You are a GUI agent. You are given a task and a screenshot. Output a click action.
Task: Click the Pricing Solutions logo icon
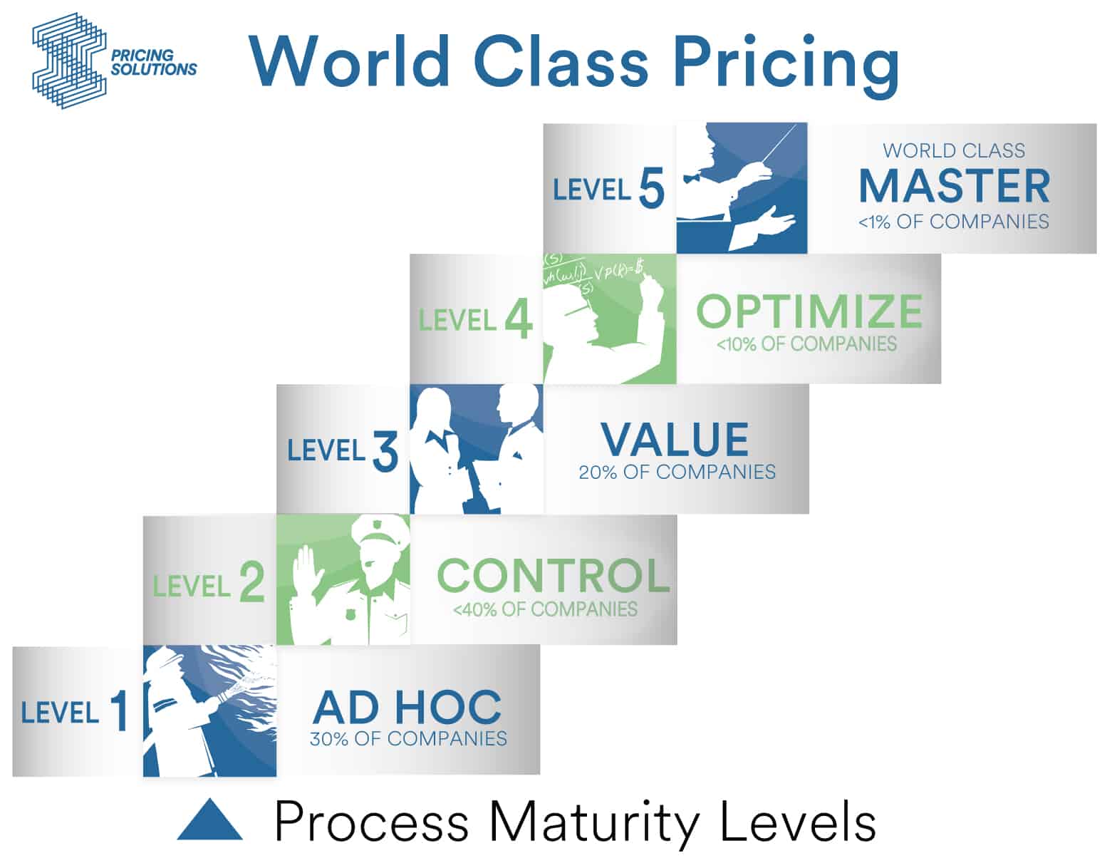coord(69,61)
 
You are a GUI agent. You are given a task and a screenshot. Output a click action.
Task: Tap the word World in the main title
coord(350,62)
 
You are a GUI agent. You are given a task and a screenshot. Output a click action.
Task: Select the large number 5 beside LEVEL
coord(651,188)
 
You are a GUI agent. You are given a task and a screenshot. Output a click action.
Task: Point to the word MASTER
coord(954,186)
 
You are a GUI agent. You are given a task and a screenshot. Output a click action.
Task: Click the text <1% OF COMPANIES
coord(954,222)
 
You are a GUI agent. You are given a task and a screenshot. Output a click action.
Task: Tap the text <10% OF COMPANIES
coord(806,344)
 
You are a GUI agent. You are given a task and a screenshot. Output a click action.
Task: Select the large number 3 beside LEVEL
coord(385,451)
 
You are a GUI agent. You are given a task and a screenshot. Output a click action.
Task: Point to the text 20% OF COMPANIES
coord(677,472)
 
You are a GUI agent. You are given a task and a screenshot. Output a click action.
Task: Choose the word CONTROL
coord(553,576)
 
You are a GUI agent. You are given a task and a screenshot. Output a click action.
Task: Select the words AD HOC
coord(407,708)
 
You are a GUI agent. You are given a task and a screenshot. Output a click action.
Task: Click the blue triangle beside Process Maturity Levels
coord(209,820)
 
